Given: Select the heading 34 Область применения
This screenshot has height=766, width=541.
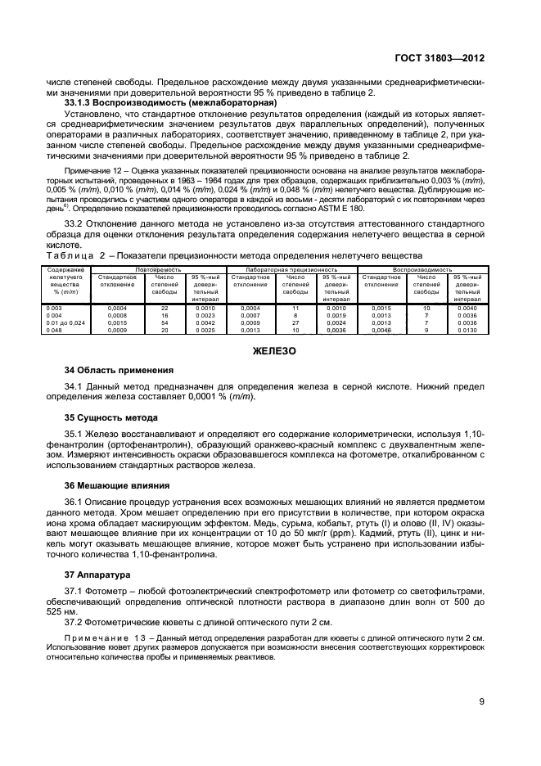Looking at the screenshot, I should tap(119, 370).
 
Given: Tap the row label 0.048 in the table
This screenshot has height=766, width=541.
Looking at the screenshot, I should tap(55, 330).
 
